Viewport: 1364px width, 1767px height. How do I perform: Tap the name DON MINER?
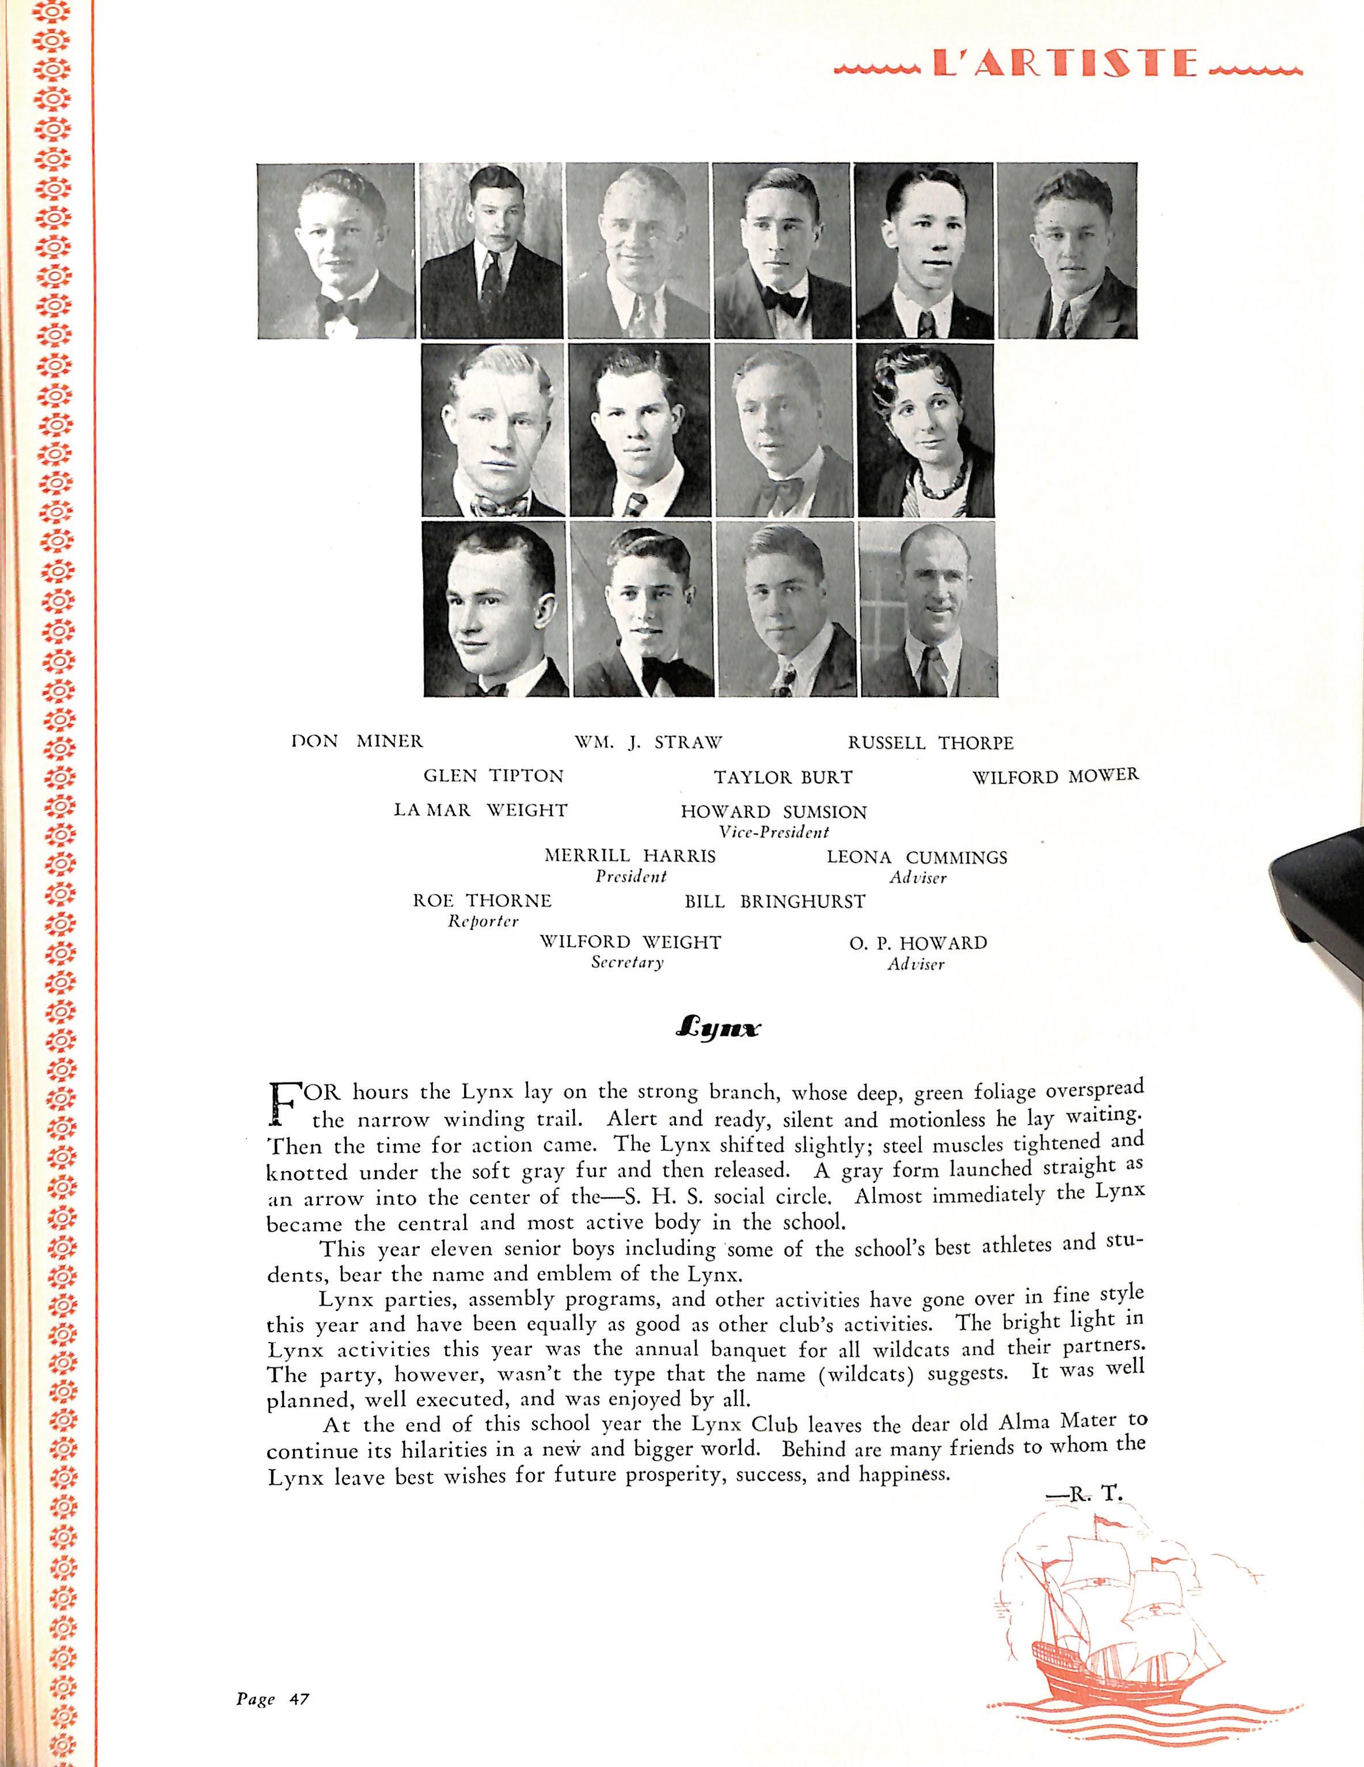(x=357, y=741)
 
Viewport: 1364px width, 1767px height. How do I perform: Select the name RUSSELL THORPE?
(x=930, y=742)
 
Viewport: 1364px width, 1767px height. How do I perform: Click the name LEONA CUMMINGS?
(x=917, y=858)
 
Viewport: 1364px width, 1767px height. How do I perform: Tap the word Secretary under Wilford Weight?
(x=627, y=963)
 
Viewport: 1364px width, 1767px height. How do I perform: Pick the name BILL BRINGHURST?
(x=774, y=901)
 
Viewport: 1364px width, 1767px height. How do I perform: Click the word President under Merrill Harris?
(x=630, y=876)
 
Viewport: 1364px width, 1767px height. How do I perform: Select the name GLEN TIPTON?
(x=493, y=776)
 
